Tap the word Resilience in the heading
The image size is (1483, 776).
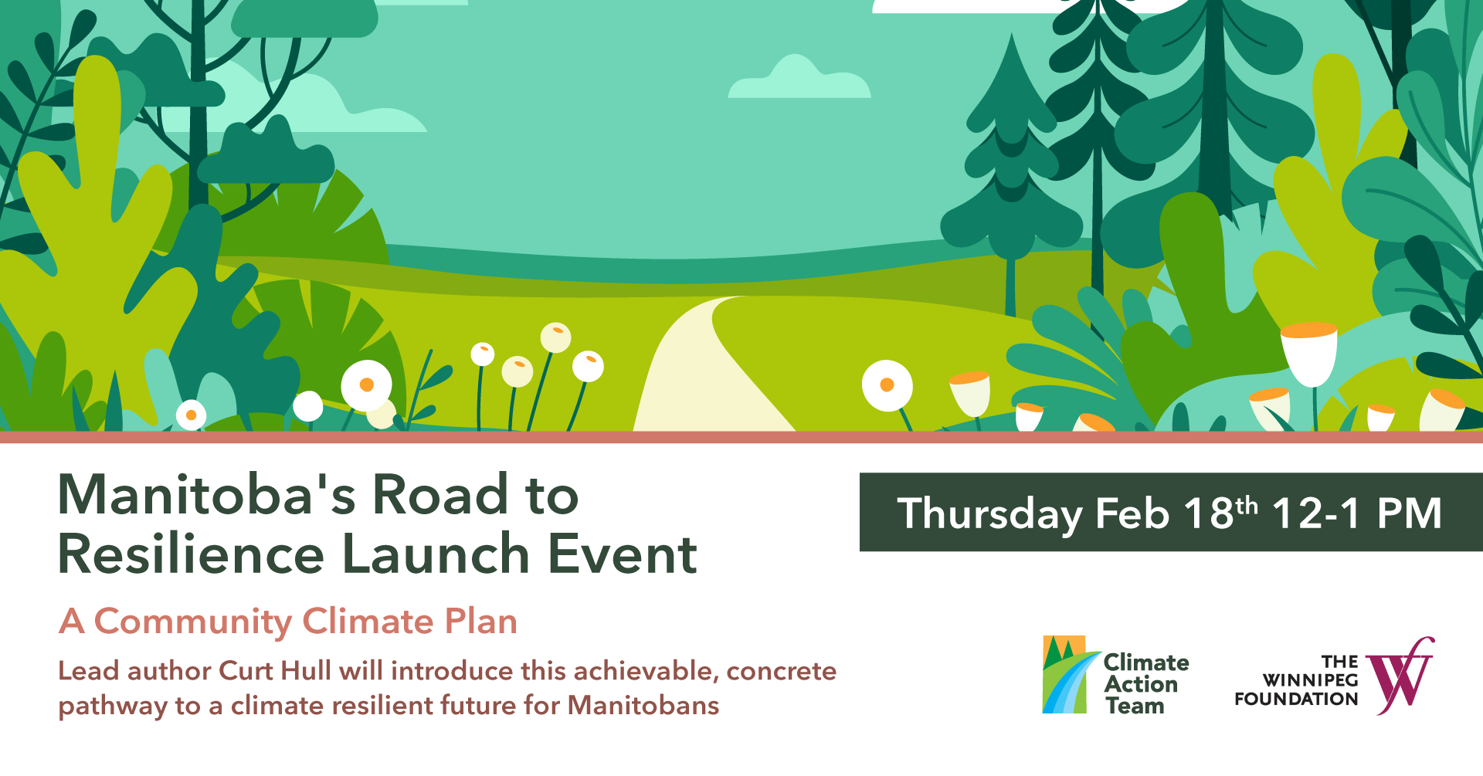192,554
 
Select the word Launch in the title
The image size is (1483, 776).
435,554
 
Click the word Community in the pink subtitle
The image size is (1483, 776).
192,622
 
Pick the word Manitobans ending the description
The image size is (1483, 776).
643,705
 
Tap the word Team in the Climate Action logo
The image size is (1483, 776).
1135,706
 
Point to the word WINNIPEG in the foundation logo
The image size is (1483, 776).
1310,680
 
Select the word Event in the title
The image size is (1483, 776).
623,554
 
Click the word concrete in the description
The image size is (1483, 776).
781,670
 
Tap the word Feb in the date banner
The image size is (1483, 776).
1132,513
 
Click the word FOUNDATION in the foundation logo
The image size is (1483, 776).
1296,699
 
